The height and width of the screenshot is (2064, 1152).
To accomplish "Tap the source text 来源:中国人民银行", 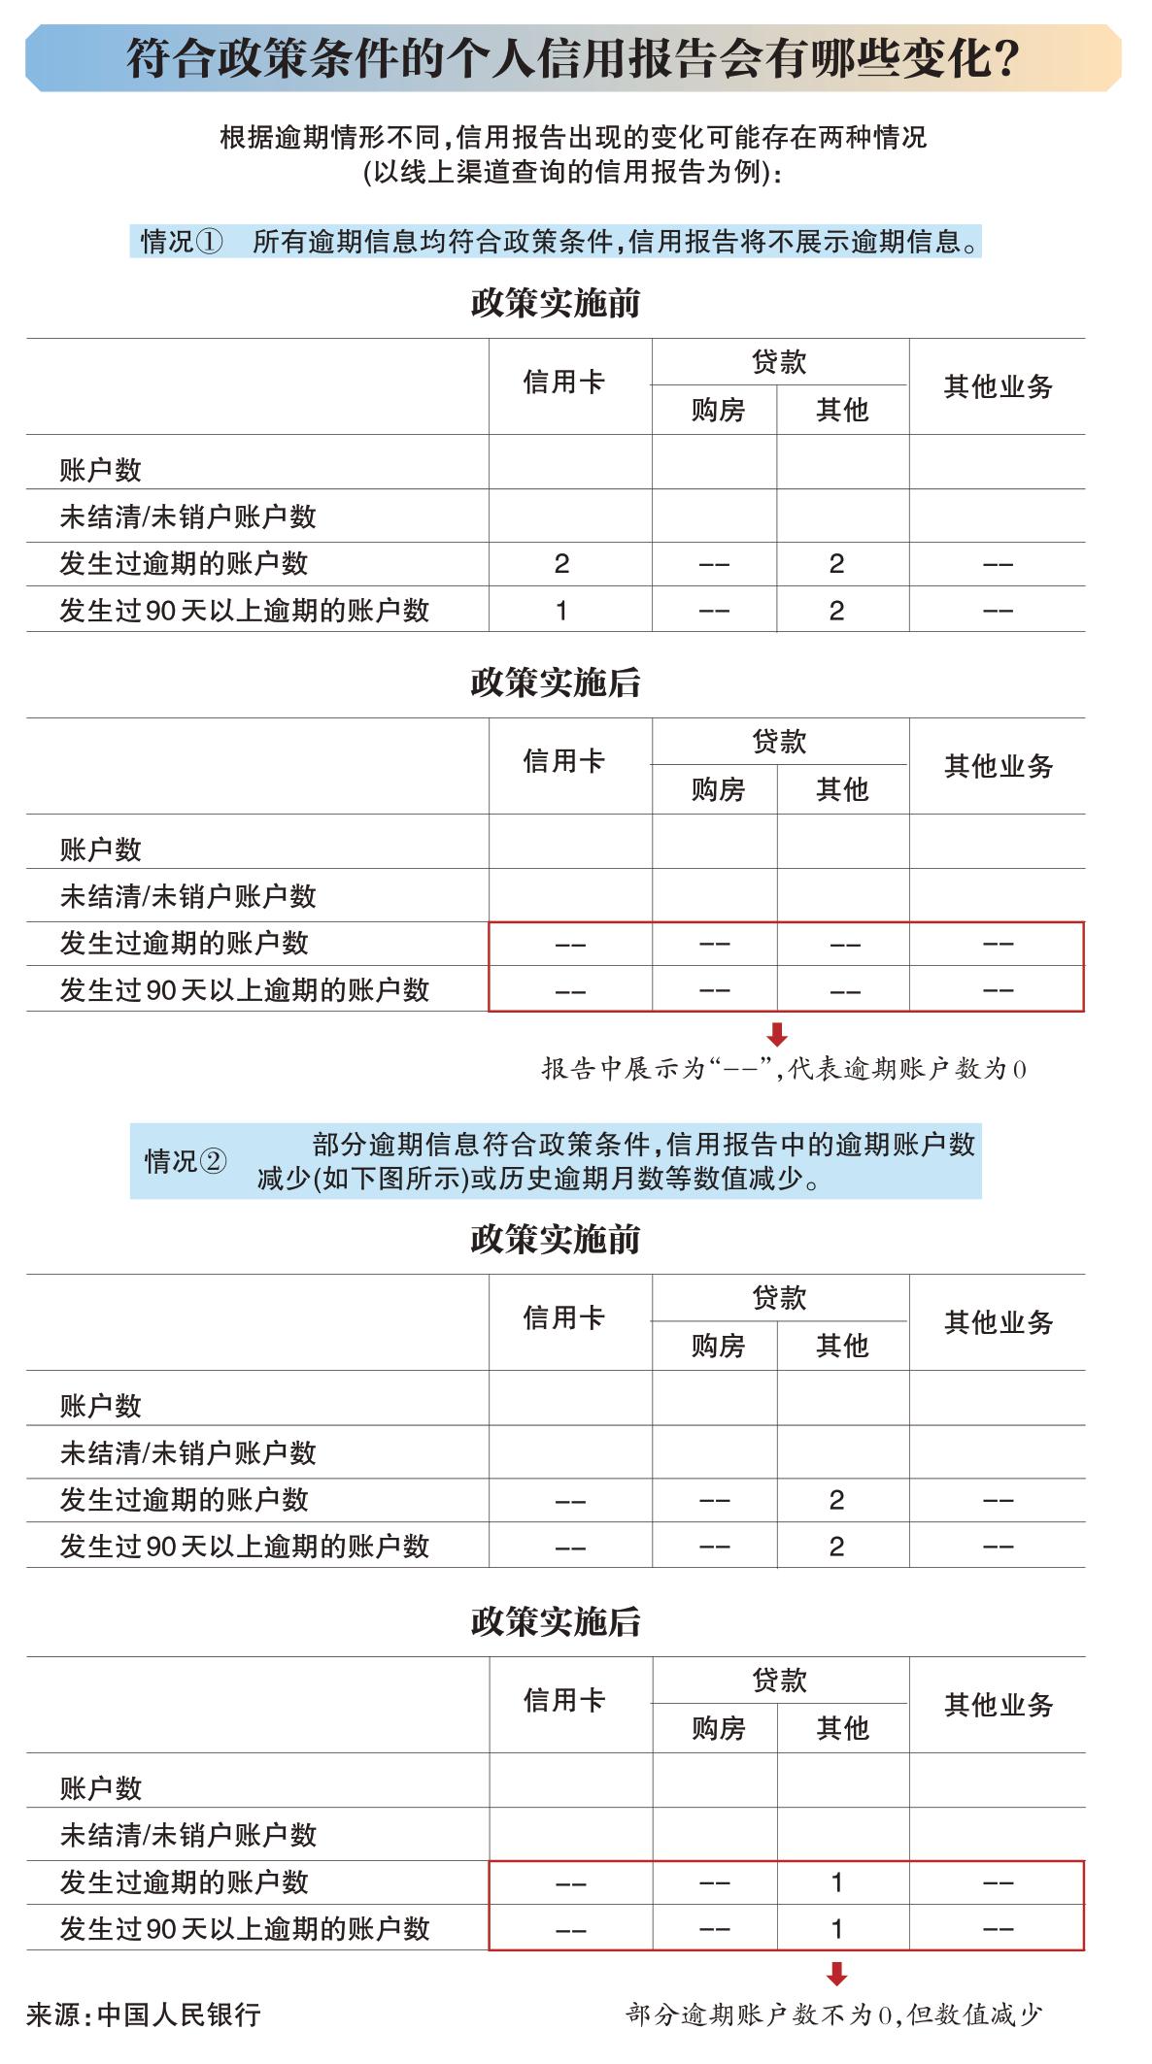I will (144, 2014).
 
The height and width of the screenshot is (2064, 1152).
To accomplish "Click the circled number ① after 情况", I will (210, 241).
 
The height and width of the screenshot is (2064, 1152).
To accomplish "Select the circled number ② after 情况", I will (214, 1161).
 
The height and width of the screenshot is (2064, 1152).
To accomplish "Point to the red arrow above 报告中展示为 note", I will (777, 1035).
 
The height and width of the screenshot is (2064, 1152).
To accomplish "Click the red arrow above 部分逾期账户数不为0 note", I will (837, 1974).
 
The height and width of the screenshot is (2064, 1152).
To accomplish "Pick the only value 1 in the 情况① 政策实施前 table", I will (561, 611).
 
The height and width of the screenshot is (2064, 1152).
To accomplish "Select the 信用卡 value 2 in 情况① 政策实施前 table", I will (561, 564).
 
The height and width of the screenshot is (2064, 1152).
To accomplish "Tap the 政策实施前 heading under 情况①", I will (556, 303).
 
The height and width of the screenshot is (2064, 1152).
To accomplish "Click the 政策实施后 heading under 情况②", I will (556, 1621).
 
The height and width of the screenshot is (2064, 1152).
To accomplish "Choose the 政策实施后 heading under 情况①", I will (556, 682).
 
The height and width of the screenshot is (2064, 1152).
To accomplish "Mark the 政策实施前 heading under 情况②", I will (556, 1239).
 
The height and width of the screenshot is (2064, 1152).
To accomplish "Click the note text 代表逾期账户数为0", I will (907, 1069).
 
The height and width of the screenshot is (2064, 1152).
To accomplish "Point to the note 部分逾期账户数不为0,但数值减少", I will (833, 2014).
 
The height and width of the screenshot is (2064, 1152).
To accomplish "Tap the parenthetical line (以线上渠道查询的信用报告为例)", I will (572, 173).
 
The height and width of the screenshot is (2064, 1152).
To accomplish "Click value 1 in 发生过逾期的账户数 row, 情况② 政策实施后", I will (836, 1882).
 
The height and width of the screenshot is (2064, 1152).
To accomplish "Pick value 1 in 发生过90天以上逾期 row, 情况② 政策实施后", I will (836, 1929).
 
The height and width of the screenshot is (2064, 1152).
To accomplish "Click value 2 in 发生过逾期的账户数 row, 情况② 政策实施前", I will (836, 1500).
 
